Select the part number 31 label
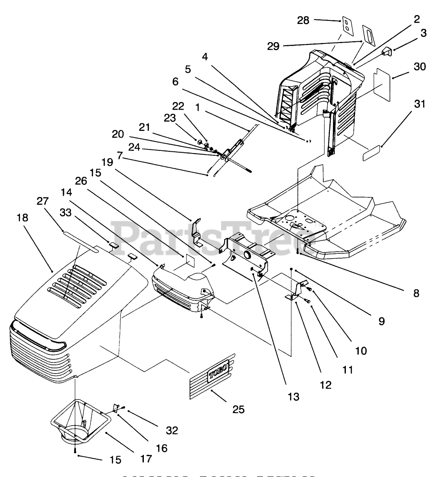pyautogui.click(x=420, y=104)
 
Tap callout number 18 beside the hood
pyautogui.click(x=22, y=217)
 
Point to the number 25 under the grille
pyautogui.click(x=238, y=409)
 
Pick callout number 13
pyautogui.click(x=293, y=396)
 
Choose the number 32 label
pyautogui.click(x=172, y=430)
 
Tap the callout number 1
pyautogui.click(x=197, y=107)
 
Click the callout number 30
pyautogui.click(x=420, y=67)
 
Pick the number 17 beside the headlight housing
pyautogui.click(x=145, y=459)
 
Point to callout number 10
pyautogui.click(x=361, y=351)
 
